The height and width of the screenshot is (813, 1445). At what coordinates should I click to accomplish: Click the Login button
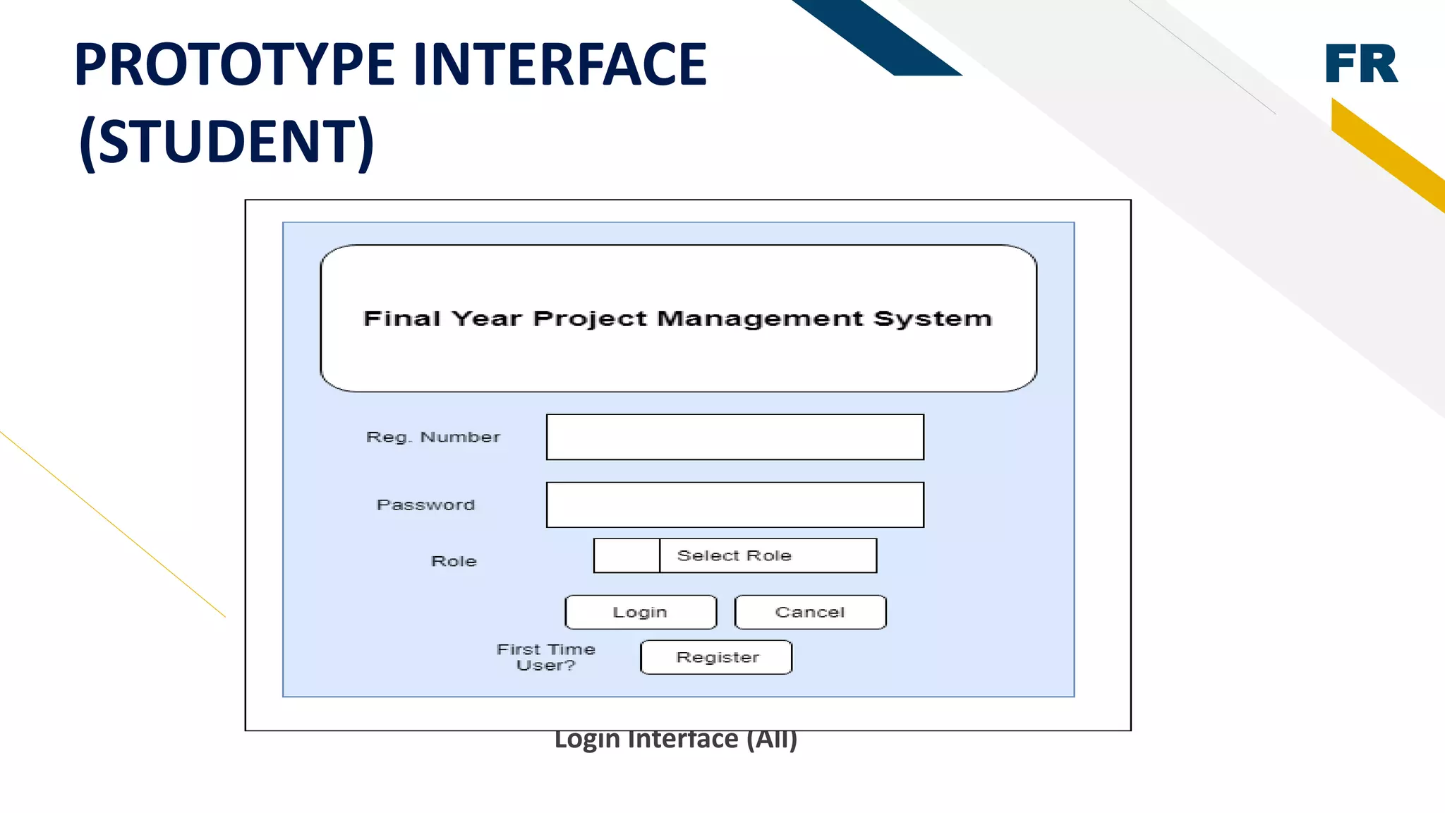pyautogui.click(x=641, y=612)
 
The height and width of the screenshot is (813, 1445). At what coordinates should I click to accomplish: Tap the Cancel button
pyautogui.click(x=810, y=612)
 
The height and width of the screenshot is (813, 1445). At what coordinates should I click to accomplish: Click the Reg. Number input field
pyautogui.click(x=734, y=437)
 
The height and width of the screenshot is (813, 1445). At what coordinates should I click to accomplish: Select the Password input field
pyautogui.click(x=734, y=505)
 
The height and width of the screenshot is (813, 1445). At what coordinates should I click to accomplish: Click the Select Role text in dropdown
pyautogui.click(x=734, y=555)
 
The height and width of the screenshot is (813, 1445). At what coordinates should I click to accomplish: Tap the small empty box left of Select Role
pyautogui.click(x=627, y=555)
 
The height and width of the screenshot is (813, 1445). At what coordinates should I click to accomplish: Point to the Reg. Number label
pyautogui.click(x=433, y=437)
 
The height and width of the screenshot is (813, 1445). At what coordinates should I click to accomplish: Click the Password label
pyautogui.click(x=425, y=505)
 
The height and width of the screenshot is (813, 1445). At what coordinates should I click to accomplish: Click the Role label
pyautogui.click(x=454, y=561)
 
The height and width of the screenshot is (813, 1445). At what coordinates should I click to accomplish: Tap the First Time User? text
pyautogui.click(x=545, y=657)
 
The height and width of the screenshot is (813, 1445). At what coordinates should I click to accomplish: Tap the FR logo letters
pyautogui.click(x=1360, y=64)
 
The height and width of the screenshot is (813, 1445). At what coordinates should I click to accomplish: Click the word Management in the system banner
pyautogui.click(x=760, y=318)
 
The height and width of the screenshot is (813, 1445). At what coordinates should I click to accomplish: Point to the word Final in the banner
pyautogui.click(x=401, y=318)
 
